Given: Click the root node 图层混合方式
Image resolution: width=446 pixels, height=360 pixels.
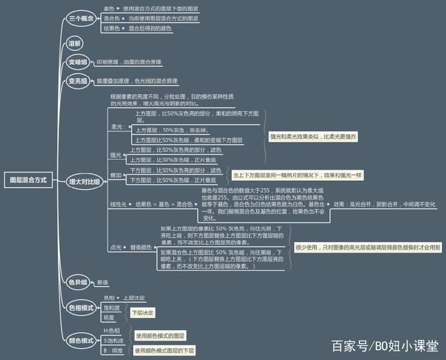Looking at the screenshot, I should [x=28, y=180].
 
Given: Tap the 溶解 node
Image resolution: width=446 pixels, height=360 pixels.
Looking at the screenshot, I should [x=75, y=43].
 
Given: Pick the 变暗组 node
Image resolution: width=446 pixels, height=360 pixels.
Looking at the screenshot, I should [x=78, y=62].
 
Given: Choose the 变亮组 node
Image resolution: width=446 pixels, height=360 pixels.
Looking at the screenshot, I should [x=78, y=82].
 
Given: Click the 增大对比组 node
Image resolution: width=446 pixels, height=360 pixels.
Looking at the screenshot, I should [x=84, y=181].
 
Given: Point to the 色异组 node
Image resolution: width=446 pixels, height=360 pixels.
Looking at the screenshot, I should [x=78, y=283].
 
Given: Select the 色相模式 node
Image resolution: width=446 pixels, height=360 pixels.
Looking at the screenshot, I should [x=81, y=307].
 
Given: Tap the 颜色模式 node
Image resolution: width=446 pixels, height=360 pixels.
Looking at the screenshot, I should [x=81, y=340].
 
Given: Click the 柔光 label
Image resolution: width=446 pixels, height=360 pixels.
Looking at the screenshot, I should [x=116, y=127].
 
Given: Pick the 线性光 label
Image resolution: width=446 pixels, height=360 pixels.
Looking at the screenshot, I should [x=117, y=204].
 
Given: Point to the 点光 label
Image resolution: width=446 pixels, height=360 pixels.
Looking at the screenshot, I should [x=115, y=247].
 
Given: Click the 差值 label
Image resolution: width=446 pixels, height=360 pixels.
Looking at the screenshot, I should [x=103, y=283].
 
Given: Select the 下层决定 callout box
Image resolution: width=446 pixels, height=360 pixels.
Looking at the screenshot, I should [x=143, y=312].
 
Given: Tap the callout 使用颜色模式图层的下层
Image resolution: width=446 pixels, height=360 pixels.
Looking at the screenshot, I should [x=165, y=350].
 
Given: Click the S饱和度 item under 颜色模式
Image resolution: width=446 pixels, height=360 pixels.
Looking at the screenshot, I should [x=114, y=340].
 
